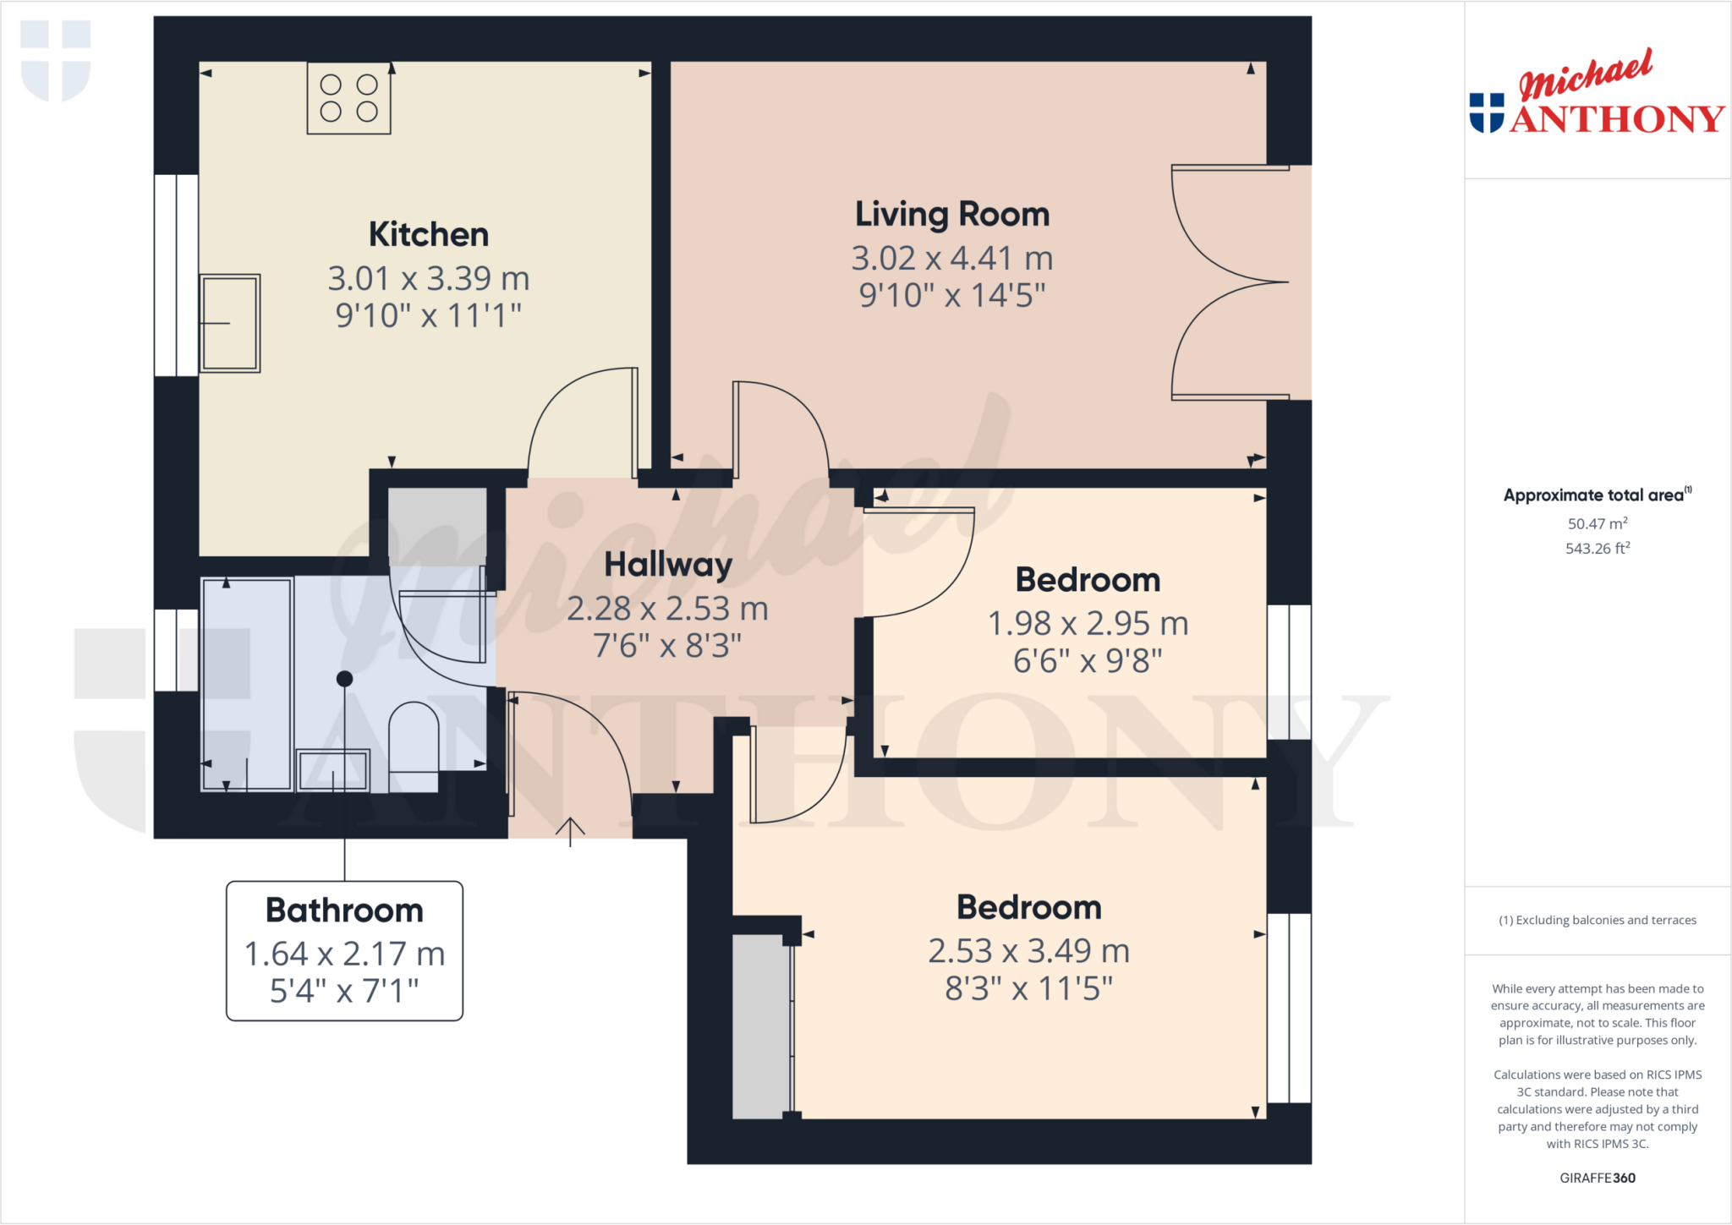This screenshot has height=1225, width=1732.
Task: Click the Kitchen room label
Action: pos(429,234)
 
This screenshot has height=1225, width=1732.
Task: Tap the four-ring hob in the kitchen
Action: pos(348,98)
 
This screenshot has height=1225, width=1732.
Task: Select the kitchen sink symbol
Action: pos(230,323)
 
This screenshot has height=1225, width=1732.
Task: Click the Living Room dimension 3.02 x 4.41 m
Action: pos(951,258)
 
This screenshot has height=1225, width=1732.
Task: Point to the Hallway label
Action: pos(668,565)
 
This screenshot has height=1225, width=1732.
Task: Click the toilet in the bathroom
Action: pos(414,736)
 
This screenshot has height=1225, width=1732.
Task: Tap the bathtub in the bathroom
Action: pos(247,684)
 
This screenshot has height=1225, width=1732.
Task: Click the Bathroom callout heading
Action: pos(344,911)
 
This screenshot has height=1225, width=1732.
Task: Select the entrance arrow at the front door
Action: pos(570,830)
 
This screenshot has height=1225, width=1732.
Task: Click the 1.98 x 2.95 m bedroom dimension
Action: pos(1088,624)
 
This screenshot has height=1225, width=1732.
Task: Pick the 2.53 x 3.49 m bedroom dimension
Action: pos(1028,951)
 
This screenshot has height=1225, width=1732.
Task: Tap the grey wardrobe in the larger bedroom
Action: pos(759,1026)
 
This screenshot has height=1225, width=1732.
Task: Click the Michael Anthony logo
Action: pos(1597,93)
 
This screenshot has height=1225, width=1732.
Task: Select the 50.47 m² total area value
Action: pos(1597,523)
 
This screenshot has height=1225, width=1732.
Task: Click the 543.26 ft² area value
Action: pos(1597,549)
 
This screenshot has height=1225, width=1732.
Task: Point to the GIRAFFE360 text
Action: pos(1597,1178)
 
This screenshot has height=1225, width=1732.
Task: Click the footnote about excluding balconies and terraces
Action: pos(1597,920)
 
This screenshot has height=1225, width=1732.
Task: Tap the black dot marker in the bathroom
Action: pos(344,678)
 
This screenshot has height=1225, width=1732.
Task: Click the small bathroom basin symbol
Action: pos(333,769)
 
